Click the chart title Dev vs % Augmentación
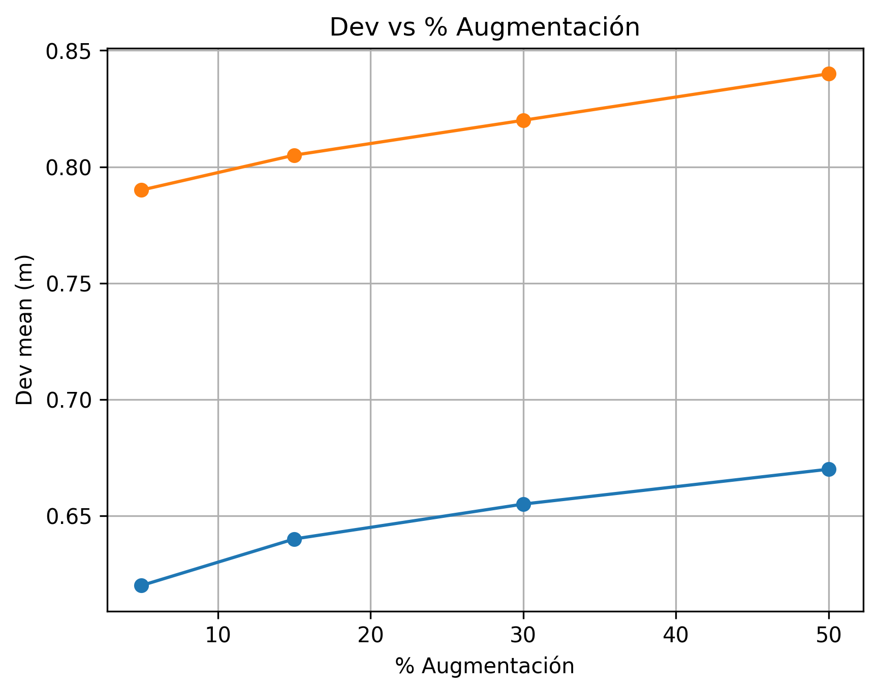pyautogui.click(x=484, y=27)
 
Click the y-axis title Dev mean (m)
pyautogui.click(x=24, y=330)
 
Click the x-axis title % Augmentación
pyautogui.click(x=485, y=666)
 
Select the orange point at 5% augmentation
pyautogui.click(x=141, y=190)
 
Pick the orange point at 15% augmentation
pyautogui.click(x=294, y=155)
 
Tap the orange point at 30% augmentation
pyautogui.click(x=523, y=120)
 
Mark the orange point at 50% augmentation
pyautogui.click(x=829, y=74)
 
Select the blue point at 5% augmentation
pyautogui.click(x=141, y=585)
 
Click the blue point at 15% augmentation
pyautogui.click(x=294, y=539)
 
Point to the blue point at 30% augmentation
pyautogui.click(x=523, y=504)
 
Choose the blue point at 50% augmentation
pyautogui.click(x=829, y=469)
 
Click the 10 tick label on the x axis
pyautogui.click(x=218, y=636)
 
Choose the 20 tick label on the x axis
pyautogui.click(x=370, y=636)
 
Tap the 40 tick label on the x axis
pyautogui.click(x=676, y=636)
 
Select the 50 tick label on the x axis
pyautogui.click(x=829, y=636)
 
